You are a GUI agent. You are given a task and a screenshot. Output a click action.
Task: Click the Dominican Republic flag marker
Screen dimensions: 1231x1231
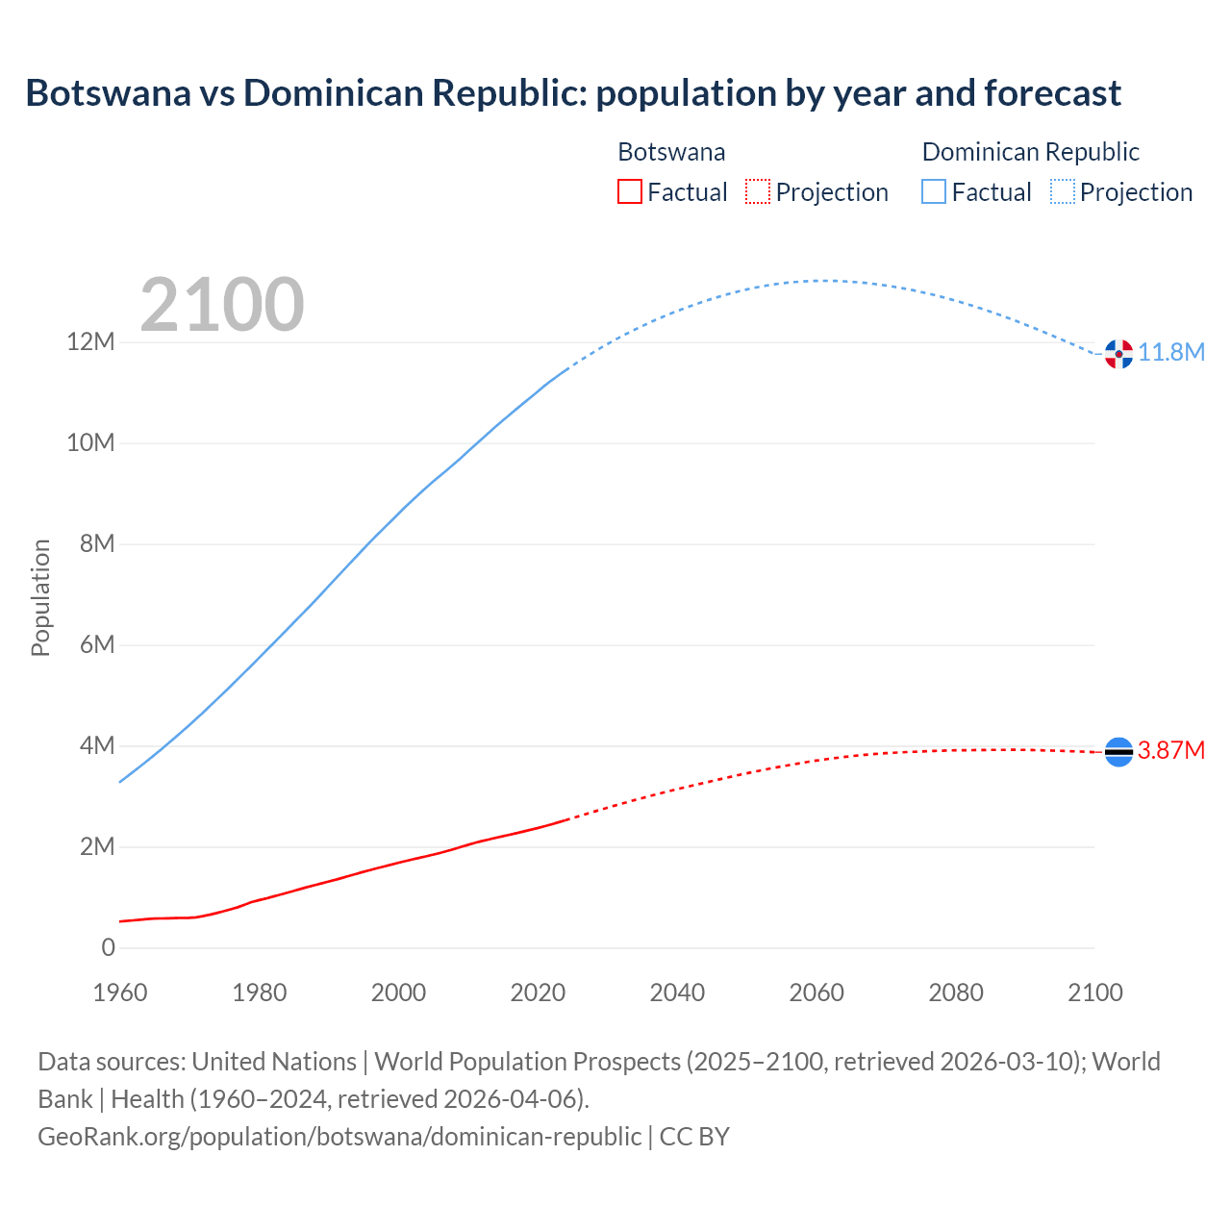coord(1118,354)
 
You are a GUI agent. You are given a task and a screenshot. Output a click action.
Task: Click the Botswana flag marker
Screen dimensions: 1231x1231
coord(1118,751)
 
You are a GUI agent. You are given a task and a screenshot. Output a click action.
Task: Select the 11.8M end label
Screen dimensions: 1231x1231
coord(1171,353)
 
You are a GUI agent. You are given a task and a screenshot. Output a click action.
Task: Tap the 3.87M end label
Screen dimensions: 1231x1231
coord(1171,750)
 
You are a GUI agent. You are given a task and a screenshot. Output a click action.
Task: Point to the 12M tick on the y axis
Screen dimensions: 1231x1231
coord(90,342)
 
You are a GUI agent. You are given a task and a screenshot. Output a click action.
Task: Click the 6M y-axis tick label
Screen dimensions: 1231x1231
coord(97,645)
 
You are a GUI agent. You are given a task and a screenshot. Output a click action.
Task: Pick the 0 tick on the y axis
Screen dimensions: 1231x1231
coord(108,948)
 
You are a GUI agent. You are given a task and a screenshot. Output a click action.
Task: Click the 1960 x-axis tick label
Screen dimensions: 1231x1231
coord(120,992)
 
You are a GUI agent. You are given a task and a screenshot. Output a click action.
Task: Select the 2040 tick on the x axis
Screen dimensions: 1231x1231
coord(677,992)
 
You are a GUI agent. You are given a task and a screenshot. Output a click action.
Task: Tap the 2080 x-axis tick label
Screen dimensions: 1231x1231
coord(956,992)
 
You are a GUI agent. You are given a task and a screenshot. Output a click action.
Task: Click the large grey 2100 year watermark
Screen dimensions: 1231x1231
coord(222,305)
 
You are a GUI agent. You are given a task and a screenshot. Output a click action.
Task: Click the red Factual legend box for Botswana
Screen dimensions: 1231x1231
coord(629,191)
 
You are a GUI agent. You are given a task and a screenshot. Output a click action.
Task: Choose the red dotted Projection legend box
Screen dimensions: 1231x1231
coord(758,191)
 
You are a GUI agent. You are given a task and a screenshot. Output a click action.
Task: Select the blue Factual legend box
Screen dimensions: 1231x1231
coord(934,191)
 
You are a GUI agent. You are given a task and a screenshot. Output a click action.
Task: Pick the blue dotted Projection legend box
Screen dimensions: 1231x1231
coord(1062,191)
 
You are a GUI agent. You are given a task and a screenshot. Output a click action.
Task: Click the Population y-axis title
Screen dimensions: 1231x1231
coord(40,597)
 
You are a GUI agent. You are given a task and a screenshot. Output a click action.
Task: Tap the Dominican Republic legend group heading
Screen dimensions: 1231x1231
coord(1030,152)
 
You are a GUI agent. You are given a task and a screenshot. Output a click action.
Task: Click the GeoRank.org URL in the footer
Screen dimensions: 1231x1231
coord(339,1137)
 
